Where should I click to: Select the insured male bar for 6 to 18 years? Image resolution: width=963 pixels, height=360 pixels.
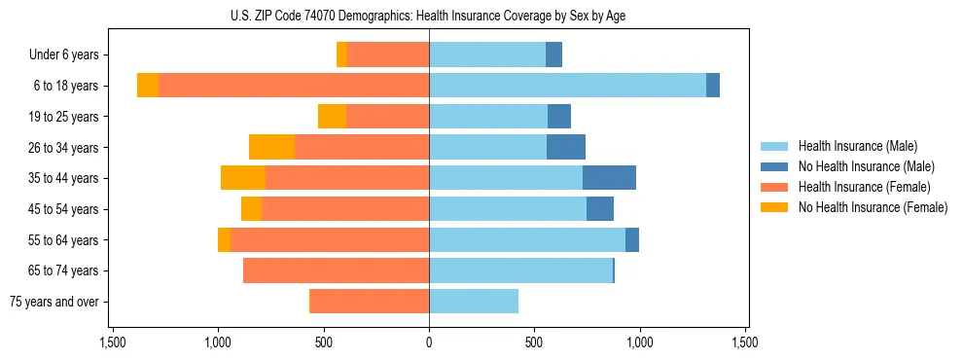[x=567, y=86]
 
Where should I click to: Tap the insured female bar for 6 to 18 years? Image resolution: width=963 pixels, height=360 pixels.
[x=294, y=86]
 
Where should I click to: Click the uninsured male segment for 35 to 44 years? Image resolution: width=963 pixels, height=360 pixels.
[x=609, y=178]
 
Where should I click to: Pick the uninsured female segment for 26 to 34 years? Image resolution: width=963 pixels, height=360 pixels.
[x=271, y=147]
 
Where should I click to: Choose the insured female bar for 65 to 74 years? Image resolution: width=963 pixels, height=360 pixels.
[x=336, y=270]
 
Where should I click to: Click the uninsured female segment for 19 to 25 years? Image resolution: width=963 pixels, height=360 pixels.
[x=332, y=117]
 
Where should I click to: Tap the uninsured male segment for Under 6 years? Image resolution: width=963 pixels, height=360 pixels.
[x=553, y=54]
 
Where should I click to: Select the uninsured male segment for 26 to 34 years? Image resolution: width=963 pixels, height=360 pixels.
[x=566, y=147]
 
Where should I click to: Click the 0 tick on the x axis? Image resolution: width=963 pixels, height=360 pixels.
[x=429, y=343]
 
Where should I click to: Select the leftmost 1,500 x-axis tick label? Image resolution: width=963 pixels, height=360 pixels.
[x=112, y=343]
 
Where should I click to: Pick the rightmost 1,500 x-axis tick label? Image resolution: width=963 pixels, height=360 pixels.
[x=745, y=343]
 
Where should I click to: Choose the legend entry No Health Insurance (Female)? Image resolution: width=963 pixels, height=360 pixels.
[x=873, y=207]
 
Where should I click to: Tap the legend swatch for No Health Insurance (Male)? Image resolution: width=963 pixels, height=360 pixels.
[x=775, y=166]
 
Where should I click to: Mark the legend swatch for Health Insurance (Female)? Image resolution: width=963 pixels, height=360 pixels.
[x=775, y=187]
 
